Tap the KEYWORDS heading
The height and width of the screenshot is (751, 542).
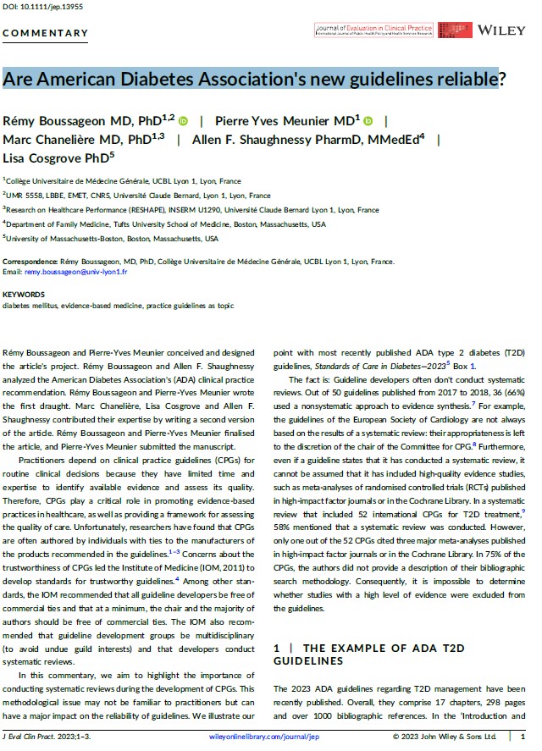(x=24, y=295)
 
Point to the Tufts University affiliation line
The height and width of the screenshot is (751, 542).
(x=165, y=224)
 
